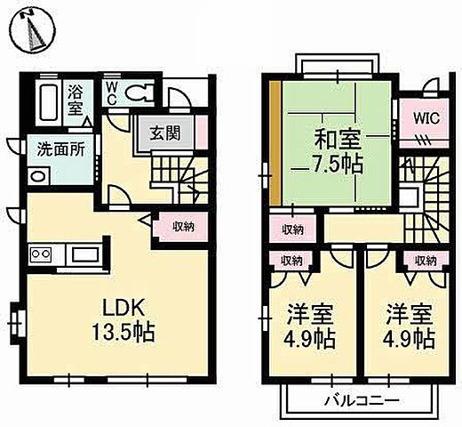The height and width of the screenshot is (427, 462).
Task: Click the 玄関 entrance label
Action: (x=164, y=133)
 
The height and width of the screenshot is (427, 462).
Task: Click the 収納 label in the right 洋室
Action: (x=424, y=261)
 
